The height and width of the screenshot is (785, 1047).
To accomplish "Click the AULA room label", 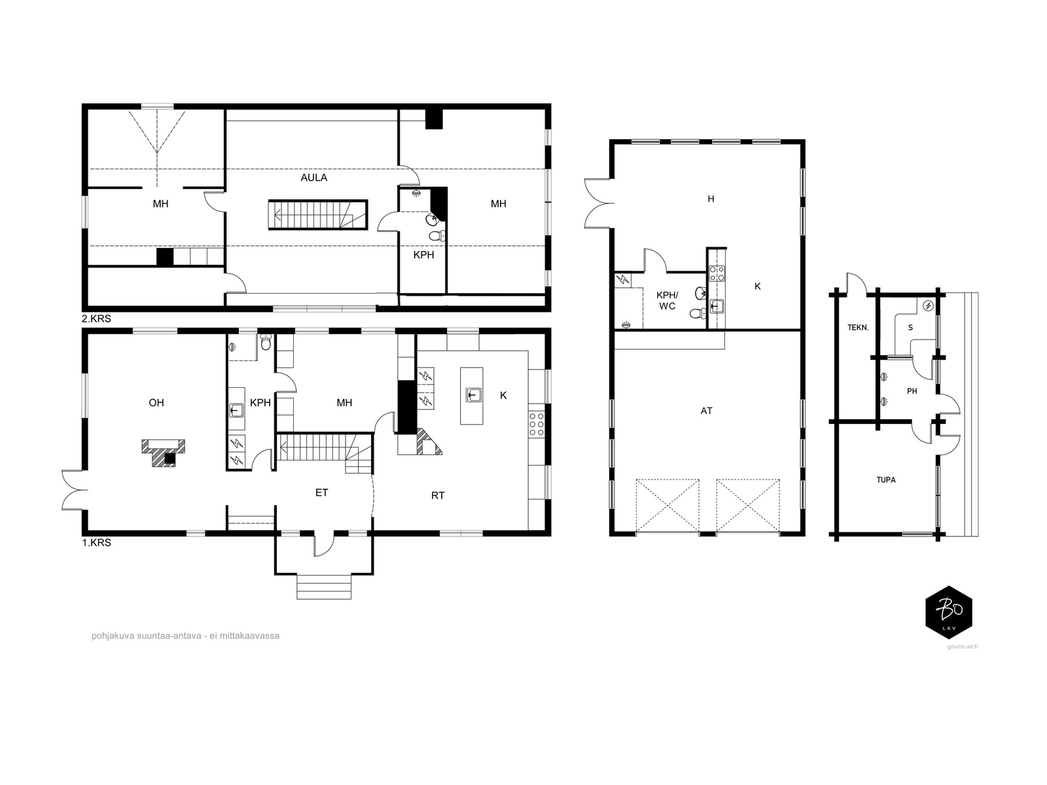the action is tap(314, 178).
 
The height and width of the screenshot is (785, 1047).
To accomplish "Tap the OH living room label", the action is tap(156, 403).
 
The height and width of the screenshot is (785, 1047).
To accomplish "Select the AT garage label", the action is tap(707, 411).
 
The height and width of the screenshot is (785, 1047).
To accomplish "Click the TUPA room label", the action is tap(886, 480).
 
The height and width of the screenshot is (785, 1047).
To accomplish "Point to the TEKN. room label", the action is tap(858, 328).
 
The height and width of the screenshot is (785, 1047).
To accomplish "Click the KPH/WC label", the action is tap(667, 301).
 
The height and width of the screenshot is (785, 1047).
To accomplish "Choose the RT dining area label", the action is tap(438, 496).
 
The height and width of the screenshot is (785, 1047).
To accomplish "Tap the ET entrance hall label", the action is tap(322, 493).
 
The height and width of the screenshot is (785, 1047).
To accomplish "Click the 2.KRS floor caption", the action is tap(96, 319).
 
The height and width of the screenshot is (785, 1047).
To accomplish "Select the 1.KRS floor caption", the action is tap(96, 542).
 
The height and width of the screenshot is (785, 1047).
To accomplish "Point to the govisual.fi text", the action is tap(963, 647).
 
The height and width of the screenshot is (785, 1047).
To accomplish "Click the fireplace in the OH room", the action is tap(164, 452).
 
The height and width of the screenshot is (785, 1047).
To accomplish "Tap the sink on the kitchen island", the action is tap(474, 395).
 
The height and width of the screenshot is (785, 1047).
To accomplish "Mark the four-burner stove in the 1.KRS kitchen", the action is tap(536, 424).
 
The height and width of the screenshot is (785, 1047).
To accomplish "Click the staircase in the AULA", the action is tap(317, 215).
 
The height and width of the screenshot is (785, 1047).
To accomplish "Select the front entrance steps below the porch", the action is tap(324, 587).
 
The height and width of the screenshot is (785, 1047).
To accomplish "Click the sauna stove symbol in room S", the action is tap(928, 306).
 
